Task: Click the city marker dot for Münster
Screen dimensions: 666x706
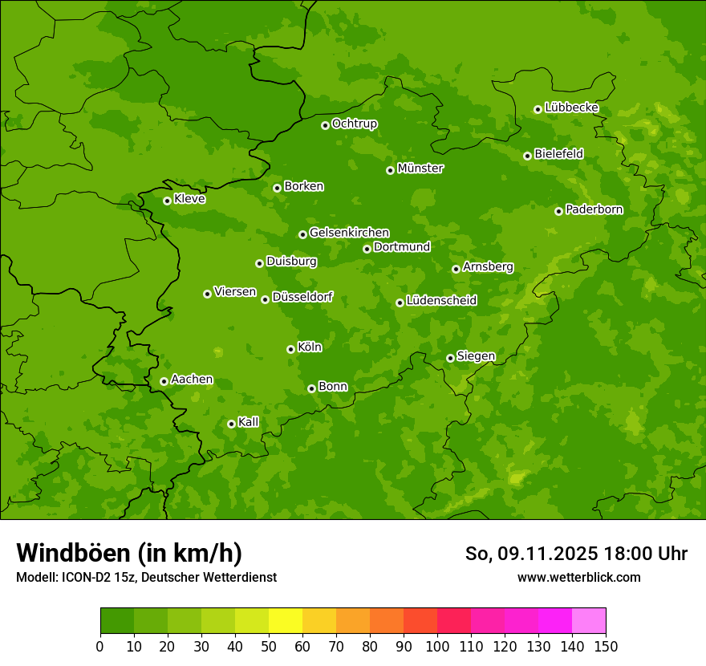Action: point(390,170)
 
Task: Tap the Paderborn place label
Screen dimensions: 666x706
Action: point(594,209)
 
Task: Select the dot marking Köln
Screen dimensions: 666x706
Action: point(290,349)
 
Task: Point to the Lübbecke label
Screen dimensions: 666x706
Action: point(571,108)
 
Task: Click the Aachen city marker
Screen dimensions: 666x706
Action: point(164,381)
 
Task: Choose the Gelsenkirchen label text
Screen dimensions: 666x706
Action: point(349,233)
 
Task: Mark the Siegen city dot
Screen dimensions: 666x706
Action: point(450,358)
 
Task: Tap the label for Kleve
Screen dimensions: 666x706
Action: point(189,198)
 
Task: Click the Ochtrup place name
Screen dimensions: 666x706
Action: point(354,124)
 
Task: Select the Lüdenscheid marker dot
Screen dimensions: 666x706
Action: point(400,303)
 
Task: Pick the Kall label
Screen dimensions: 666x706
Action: point(248,422)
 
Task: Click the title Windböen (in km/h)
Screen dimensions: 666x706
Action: point(128,553)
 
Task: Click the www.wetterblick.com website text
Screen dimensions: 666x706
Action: point(578,577)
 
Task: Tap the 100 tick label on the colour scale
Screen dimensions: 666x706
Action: point(437,646)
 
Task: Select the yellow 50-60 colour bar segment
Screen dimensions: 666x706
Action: point(286,621)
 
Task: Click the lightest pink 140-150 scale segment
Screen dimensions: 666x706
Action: point(589,621)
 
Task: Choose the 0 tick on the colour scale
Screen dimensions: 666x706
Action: point(100,646)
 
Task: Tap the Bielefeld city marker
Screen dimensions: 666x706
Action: point(527,156)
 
